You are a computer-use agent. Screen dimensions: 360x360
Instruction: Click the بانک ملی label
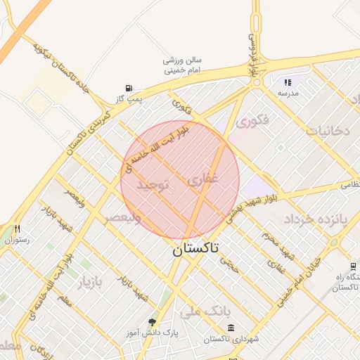pos(201,310)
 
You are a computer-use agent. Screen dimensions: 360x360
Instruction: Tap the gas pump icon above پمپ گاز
pos(129,88)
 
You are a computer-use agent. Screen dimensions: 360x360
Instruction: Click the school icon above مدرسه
pos(288,83)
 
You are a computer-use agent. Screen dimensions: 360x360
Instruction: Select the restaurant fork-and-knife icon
pos(17,229)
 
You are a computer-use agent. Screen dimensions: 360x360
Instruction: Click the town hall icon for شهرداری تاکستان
pos(231,328)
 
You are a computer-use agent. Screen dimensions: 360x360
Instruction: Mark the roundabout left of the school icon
pos(257,82)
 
